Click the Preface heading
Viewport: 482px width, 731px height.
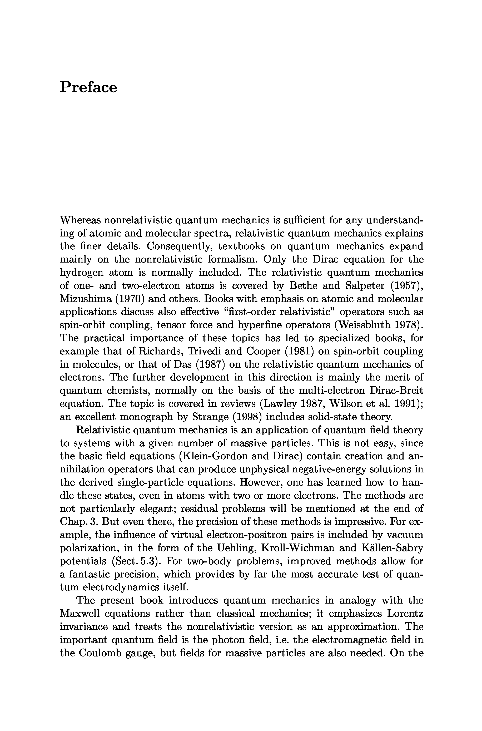click(x=88, y=87)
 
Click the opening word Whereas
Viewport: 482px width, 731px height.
click(x=80, y=220)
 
